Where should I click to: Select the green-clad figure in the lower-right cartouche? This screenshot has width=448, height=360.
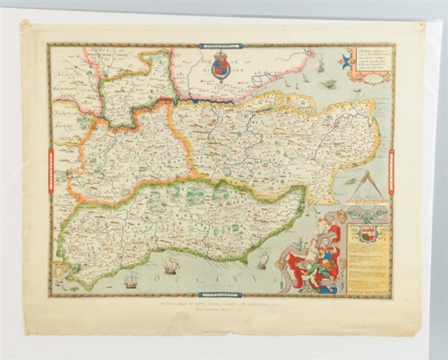coord(318,267)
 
